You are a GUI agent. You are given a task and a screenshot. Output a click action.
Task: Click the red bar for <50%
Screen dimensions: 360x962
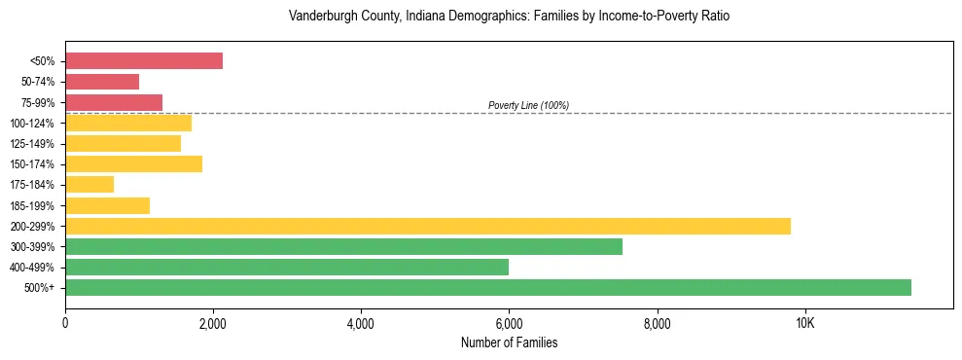[x=144, y=61]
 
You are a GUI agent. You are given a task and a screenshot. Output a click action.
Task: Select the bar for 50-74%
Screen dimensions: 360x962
[x=102, y=82]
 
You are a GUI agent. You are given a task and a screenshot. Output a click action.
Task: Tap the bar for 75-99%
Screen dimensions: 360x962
[x=114, y=102]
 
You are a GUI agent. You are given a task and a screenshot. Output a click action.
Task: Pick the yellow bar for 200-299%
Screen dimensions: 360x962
[x=428, y=226]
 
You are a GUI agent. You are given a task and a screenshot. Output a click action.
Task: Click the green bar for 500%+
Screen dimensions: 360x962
[x=488, y=287]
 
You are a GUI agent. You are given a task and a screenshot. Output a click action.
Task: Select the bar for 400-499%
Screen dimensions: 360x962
[x=287, y=267]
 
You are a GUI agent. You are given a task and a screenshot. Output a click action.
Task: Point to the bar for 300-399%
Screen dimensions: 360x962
[x=343, y=246]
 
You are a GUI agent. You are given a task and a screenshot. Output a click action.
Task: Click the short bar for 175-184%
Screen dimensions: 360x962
[x=89, y=184]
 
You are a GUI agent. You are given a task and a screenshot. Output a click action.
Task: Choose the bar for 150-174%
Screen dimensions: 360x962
[x=133, y=163]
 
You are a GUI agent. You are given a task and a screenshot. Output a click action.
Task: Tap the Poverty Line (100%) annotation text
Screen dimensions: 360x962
[x=528, y=105]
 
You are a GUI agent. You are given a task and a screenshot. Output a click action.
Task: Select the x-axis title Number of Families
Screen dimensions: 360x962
[x=509, y=342]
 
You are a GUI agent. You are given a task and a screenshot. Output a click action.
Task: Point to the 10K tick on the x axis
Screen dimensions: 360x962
[x=804, y=322]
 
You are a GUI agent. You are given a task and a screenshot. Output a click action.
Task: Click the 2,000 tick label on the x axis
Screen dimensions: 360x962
[x=213, y=322]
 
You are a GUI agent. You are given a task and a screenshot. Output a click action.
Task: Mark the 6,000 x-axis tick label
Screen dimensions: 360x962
[x=509, y=322]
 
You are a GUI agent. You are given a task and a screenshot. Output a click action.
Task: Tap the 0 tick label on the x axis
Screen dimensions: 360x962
[x=65, y=322]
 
